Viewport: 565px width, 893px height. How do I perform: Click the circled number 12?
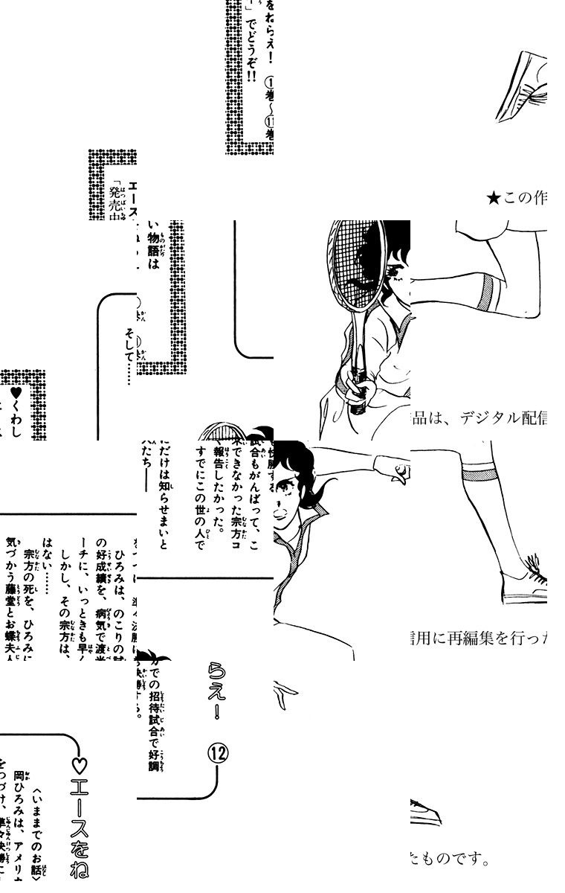click(x=219, y=753)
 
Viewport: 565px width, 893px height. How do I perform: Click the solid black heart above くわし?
click(x=16, y=391)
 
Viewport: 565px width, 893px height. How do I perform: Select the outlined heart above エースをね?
click(x=82, y=764)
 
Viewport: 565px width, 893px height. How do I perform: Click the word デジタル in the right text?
click(x=485, y=419)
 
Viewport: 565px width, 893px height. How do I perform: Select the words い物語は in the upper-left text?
click(x=154, y=245)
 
